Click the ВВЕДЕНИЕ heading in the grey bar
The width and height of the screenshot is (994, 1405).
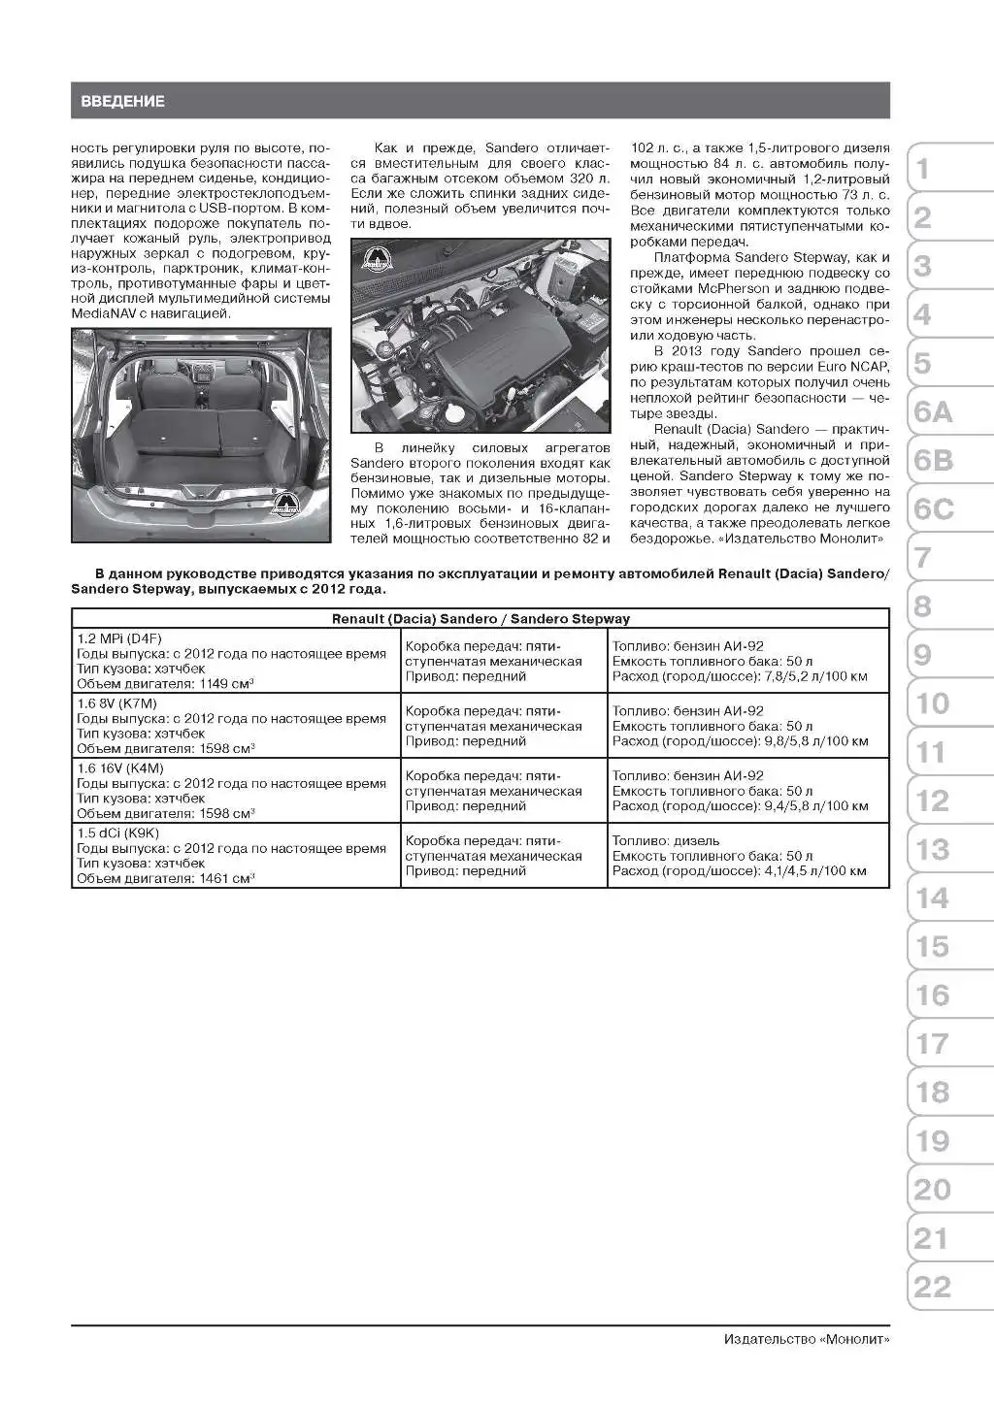click(122, 101)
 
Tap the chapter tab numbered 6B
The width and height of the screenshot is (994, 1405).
click(934, 461)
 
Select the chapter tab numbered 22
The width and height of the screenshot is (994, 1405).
click(932, 1287)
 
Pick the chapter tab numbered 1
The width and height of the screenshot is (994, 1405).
click(923, 169)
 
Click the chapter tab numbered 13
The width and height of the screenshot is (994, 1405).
click(932, 850)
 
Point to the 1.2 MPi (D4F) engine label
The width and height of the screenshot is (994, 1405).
click(119, 638)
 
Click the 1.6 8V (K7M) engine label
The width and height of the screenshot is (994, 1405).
click(116, 703)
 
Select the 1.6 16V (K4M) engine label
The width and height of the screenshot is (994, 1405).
click(120, 768)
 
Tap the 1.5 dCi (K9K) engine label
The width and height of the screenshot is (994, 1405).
click(118, 833)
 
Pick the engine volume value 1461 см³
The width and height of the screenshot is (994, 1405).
click(227, 878)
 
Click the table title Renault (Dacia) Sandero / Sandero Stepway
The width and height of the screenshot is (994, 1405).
click(480, 618)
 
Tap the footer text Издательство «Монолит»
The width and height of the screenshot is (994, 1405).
click(806, 1339)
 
